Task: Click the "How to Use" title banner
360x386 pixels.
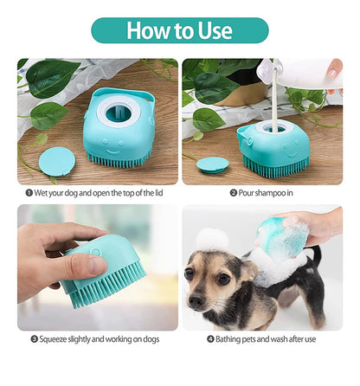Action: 179,30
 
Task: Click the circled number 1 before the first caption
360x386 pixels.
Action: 29,193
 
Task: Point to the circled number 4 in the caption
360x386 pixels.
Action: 211,339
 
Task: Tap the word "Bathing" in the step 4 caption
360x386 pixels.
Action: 233,339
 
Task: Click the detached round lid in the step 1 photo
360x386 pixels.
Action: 57,159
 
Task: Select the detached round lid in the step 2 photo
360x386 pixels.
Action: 212,163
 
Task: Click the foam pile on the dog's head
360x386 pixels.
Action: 211,240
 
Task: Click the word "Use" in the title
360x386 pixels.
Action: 213,30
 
